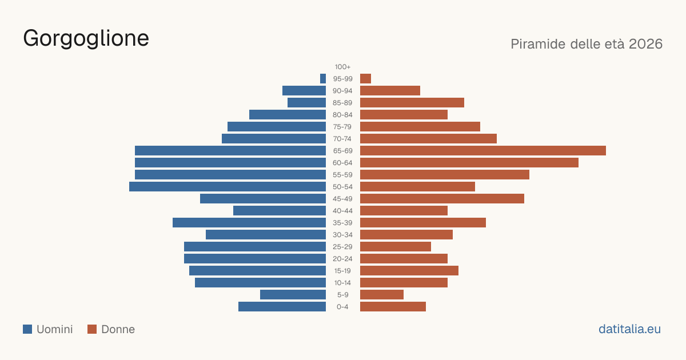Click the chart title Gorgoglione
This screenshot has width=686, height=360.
[86, 39]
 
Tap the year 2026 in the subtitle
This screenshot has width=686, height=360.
[645, 44]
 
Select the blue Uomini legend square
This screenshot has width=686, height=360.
[27, 329]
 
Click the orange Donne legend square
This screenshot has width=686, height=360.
[92, 329]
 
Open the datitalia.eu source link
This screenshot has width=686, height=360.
[629, 329]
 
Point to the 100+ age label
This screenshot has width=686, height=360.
[342, 67]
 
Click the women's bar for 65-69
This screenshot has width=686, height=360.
[483, 151]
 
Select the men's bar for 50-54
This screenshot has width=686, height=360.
[228, 187]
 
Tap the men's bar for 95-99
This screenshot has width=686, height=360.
[323, 79]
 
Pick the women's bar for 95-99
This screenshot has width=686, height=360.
[366, 79]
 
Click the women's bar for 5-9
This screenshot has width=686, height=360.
[382, 295]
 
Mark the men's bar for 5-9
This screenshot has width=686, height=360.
[293, 295]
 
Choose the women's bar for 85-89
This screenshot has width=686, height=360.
[412, 102]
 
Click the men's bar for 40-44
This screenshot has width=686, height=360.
[280, 211]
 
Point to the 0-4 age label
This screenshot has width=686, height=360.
[342, 307]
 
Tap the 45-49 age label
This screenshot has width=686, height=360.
[342, 199]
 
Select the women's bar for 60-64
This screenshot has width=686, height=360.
[469, 162]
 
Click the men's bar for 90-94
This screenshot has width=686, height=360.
[304, 91]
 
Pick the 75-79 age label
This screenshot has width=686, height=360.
[342, 127]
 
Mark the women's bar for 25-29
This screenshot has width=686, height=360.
[396, 247]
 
